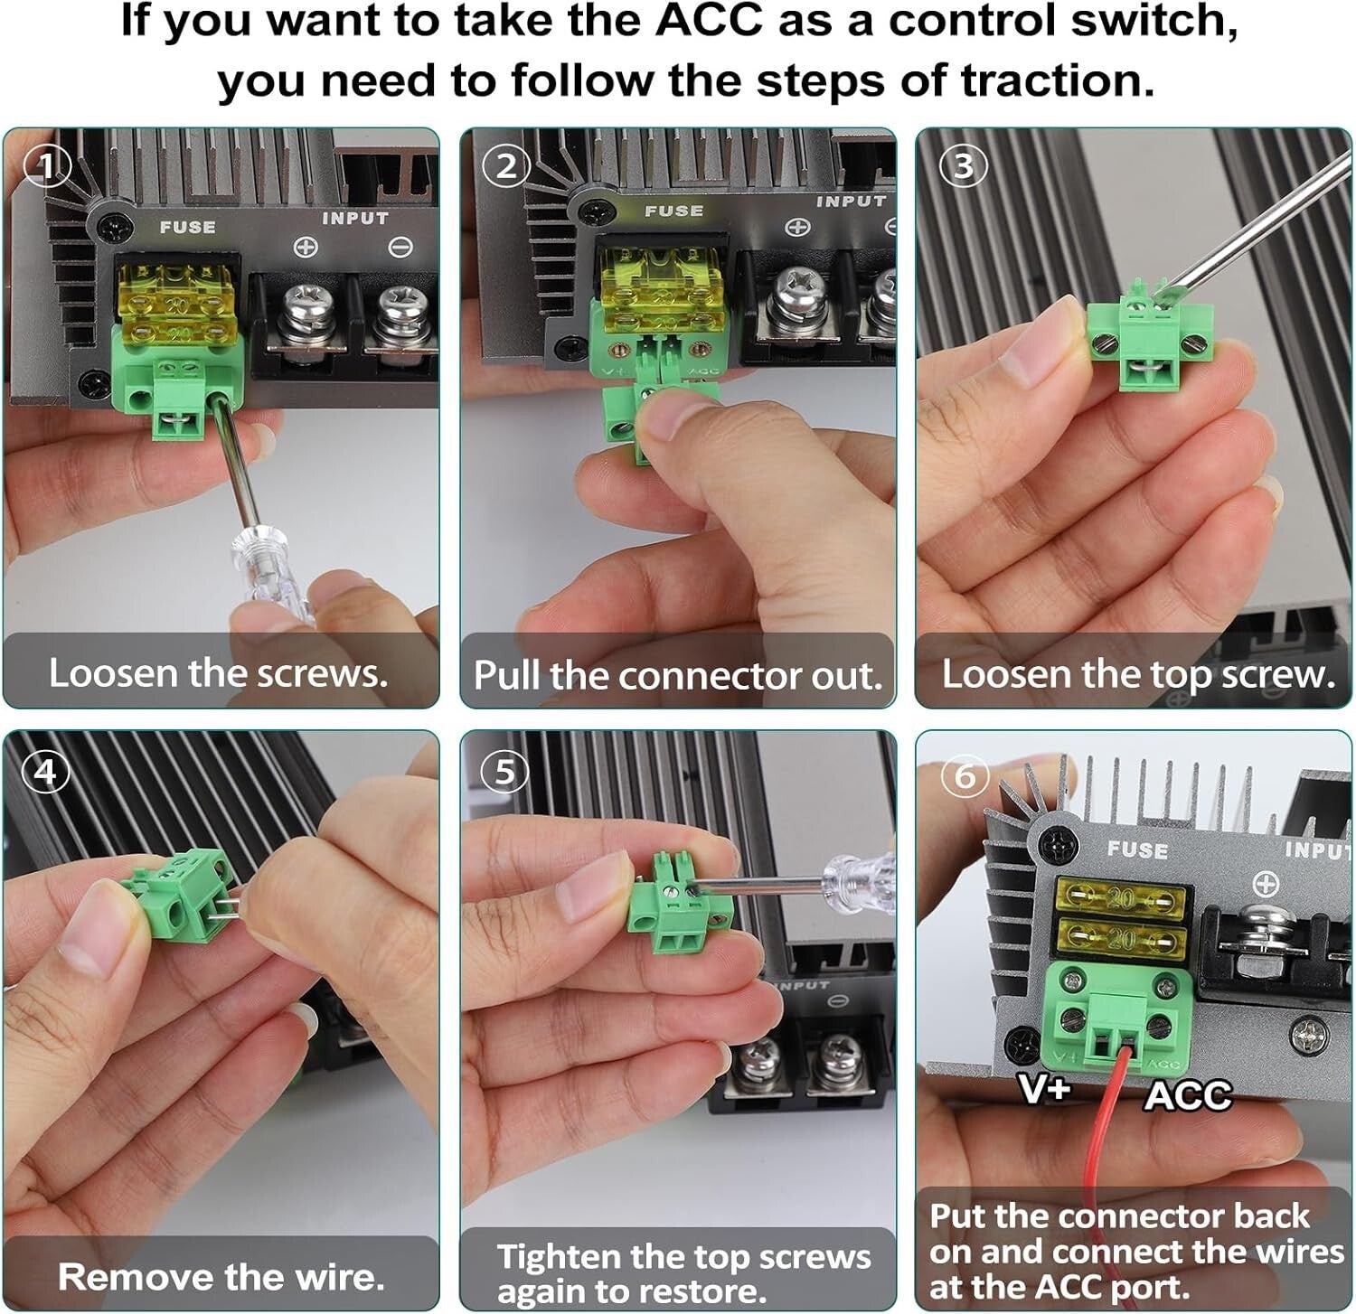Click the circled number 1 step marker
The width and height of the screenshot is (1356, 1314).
coord(47,166)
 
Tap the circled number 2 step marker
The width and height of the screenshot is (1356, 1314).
coord(505,166)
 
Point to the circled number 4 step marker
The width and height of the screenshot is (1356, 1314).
coord(45,772)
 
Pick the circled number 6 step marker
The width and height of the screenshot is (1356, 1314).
coord(965,775)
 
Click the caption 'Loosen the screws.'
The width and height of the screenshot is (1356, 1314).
coord(218,673)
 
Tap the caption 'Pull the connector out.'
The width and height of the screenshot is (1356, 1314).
coord(677,676)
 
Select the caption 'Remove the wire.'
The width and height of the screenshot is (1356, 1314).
coord(221,1277)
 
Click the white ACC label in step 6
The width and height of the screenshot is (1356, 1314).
coord(1188,1095)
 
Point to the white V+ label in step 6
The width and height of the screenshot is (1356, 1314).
coord(1045,1088)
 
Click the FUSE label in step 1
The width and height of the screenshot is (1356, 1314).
coord(188,227)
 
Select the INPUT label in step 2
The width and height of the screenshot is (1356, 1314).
coord(851,202)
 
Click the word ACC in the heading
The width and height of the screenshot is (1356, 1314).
coord(709,20)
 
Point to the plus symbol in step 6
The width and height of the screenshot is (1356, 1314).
coord(1266,884)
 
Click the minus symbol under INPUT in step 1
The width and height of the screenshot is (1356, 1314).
coord(400,247)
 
